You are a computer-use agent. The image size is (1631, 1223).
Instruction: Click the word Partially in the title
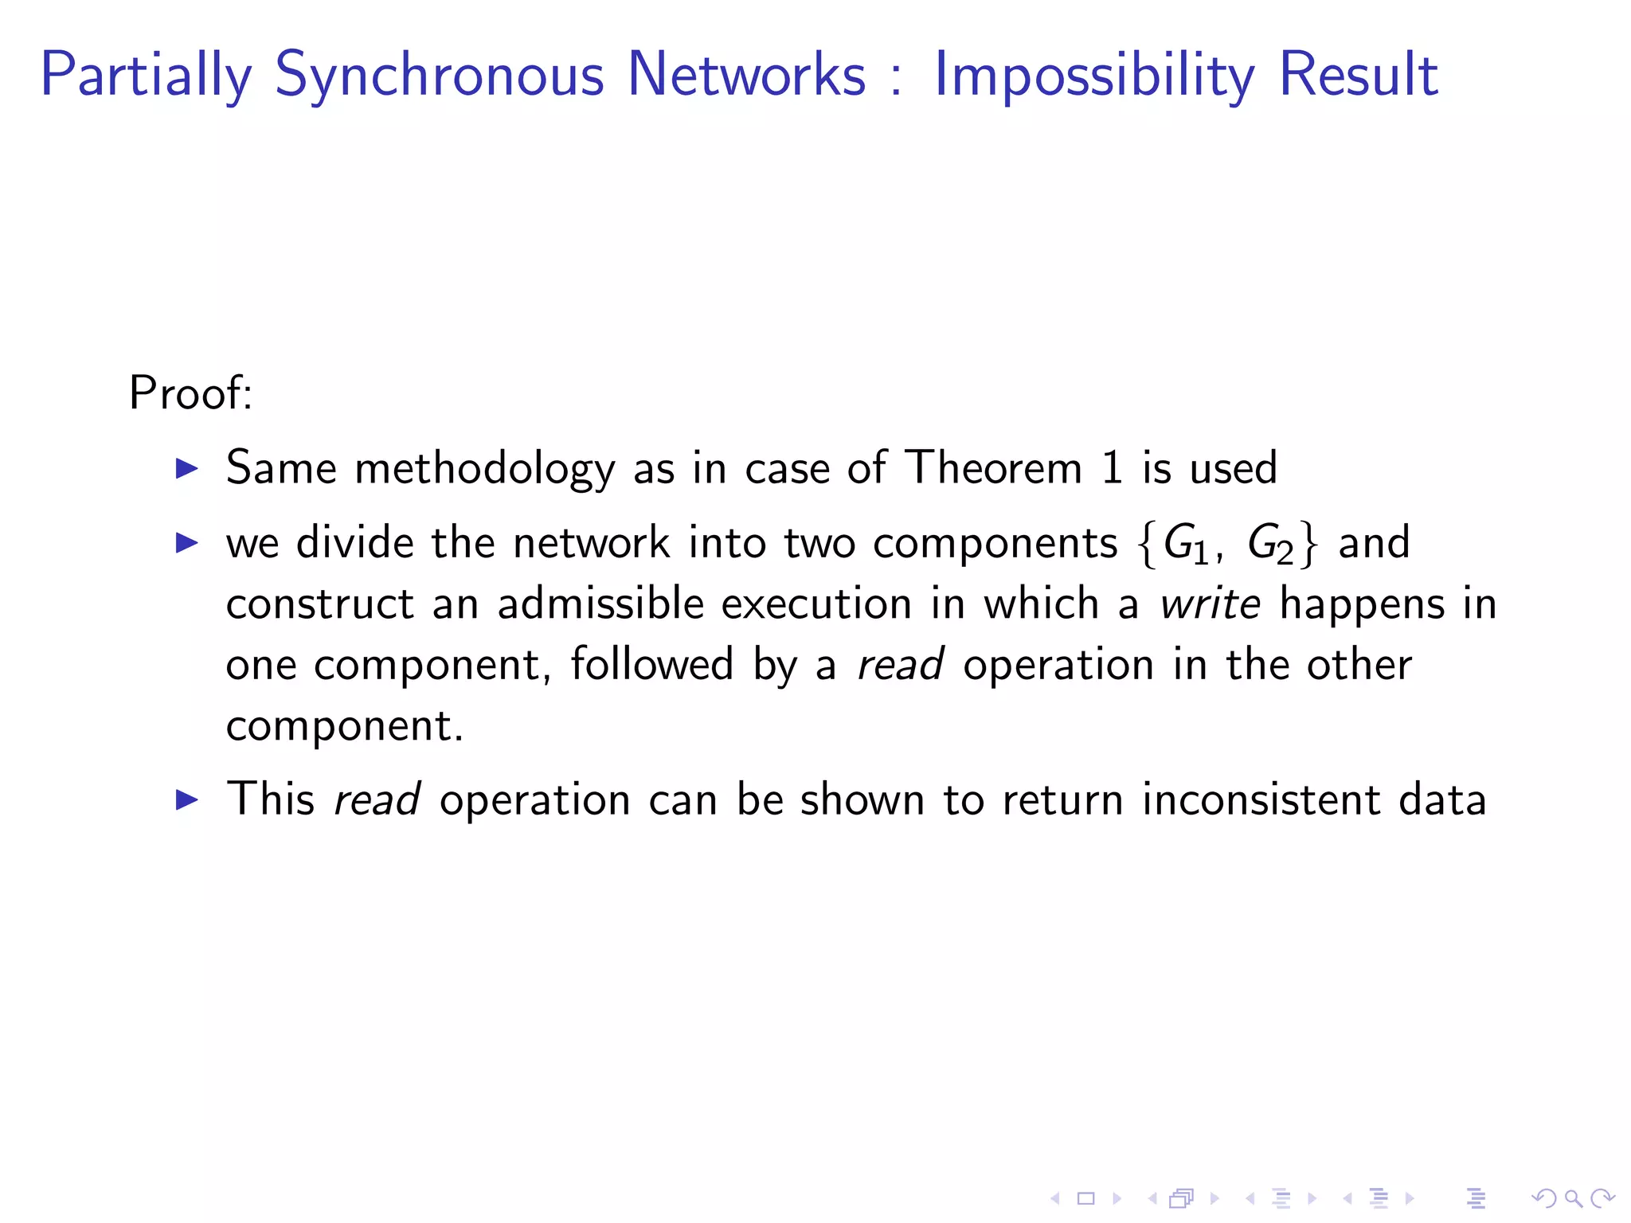coord(146,75)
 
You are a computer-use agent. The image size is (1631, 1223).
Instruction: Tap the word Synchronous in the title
coord(439,75)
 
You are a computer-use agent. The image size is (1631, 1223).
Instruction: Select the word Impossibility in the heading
coord(1093,75)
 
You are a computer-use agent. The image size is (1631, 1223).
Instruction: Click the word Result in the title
coord(1359,75)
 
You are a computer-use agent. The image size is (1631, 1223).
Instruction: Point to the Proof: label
coord(190,393)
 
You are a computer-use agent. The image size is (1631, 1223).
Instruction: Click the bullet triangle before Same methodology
coord(186,468)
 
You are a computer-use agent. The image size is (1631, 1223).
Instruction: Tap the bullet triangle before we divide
coord(186,544)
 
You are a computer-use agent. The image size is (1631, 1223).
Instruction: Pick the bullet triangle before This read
coord(186,799)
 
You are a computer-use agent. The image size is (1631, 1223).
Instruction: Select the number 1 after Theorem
coord(1113,467)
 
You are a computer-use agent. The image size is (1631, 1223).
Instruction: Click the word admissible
coord(600,604)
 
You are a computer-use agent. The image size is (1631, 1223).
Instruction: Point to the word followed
coord(651,664)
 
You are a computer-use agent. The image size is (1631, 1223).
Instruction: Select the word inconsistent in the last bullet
coord(1261,799)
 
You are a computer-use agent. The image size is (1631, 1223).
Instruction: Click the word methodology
coord(484,468)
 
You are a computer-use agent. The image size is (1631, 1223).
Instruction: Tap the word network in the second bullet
coord(591,543)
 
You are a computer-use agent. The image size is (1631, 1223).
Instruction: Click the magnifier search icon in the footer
coord(1573,1198)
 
